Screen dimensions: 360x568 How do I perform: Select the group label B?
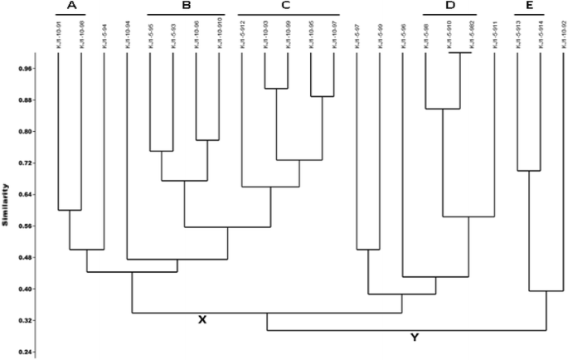click(x=186, y=6)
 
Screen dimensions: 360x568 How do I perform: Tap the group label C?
click(x=285, y=6)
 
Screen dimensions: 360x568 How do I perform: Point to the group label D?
click(x=450, y=6)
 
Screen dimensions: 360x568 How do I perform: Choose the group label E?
click(x=529, y=6)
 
